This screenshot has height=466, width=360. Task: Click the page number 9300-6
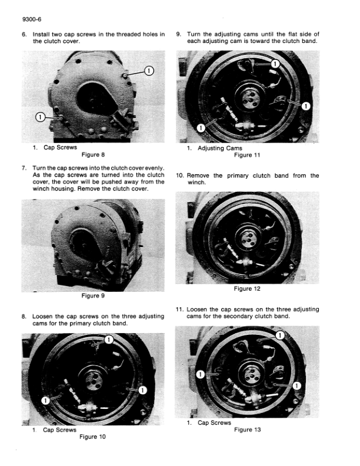pos(32,19)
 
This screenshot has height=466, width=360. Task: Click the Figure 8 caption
pos(93,155)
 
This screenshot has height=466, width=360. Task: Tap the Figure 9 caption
pos(93,296)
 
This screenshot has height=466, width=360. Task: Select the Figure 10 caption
pos(92,437)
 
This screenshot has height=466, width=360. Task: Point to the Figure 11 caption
pos(247,155)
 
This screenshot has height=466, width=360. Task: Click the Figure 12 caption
pos(247,288)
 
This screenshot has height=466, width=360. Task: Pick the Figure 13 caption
pos(247,430)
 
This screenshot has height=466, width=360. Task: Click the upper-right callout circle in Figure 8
pos(149,71)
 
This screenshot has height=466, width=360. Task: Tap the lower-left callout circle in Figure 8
pos(40,117)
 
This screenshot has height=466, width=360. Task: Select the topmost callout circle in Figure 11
pos(275,64)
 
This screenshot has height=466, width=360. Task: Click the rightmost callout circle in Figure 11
pos(306,106)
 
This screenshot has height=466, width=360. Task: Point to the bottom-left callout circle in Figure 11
pos(201,128)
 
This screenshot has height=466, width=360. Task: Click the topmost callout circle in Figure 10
pos(109,339)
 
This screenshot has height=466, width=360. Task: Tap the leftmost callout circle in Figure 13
pos(201,374)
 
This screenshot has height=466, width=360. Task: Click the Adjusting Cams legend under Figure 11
pos(220,148)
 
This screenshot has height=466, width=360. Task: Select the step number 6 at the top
pos(24,34)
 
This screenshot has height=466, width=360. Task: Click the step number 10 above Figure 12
pos(179,176)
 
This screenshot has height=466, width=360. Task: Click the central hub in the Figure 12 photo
pos(248,238)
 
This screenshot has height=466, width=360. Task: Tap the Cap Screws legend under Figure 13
pos(214,422)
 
